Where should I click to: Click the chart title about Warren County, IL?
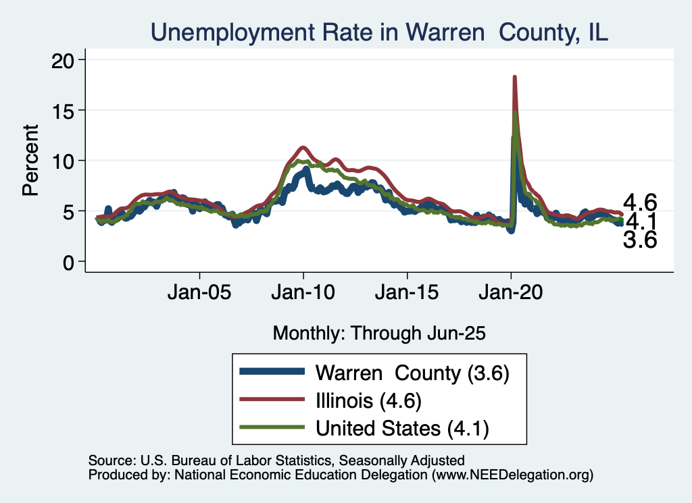click(x=379, y=32)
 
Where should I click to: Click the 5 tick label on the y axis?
click(x=70, y=211)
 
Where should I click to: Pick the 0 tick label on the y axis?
click(x=70, y=262)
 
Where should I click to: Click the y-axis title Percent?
click(x=30, y=161)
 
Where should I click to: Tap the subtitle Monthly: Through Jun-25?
click(x=379, y=333)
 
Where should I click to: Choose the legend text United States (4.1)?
click(x=403, y=428)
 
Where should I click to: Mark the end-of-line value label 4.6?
click(x=639, y=202)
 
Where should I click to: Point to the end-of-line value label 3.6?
click(x=639, y=240)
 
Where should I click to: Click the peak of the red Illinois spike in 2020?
click(x=515, y=78)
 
